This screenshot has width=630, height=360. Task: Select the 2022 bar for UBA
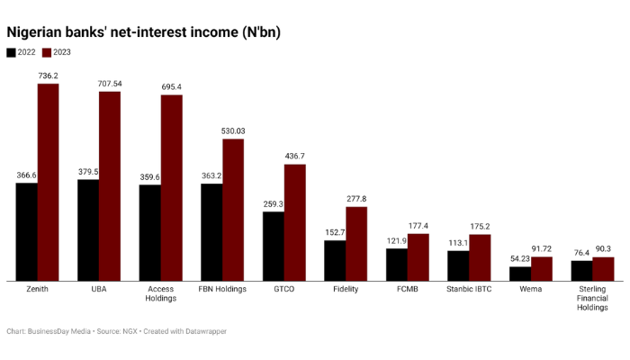(x=88, y=230)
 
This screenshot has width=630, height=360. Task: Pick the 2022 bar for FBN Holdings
(x=211, y=232)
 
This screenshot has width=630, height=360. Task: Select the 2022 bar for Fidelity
(x=335, y=260)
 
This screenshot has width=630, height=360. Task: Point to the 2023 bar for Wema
(x=542, y=268)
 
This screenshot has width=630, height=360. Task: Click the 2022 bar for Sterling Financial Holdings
(x=582, y=270)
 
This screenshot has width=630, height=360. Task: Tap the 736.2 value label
(x=48, y=76)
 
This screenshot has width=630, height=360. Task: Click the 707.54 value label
(x=109, y=84)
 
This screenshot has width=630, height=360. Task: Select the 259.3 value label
(x=274, y=204)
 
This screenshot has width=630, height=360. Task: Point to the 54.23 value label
(x=520, y=259)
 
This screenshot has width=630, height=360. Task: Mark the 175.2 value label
(x=480, y=227)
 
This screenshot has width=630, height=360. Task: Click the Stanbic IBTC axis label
(x=469, y=289)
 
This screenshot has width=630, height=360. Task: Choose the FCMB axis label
(x=408, y=289)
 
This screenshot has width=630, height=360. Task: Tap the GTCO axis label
(x=284, y=289)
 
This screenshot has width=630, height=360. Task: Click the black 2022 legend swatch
(x=11, y=52)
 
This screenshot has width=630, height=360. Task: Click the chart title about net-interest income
(x=144, y=32)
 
